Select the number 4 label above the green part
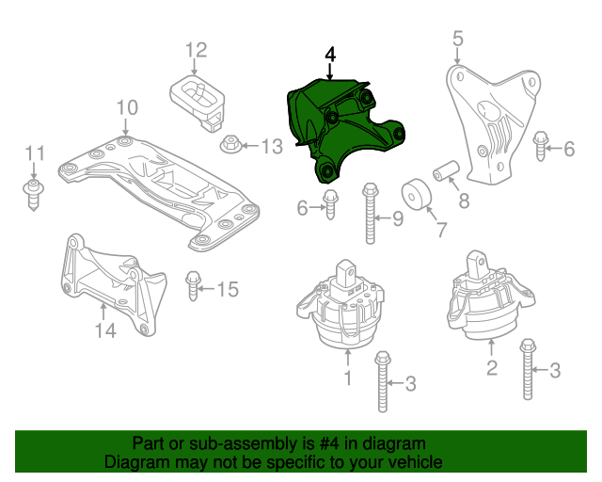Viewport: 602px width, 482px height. click(x=330, y=56)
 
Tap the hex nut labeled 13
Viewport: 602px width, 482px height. click(x=230, y=146)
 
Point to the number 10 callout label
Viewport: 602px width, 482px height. click(x=127, y=108)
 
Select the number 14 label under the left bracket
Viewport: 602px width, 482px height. click(x=104, y=329)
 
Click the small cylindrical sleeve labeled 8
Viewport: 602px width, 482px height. click(x=444, y=172)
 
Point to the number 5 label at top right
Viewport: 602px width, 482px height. click(x=458, y=39)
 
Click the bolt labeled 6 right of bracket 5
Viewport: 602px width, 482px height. click(x=541, y=148)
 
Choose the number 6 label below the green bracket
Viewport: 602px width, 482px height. click(x=302, y=207)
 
